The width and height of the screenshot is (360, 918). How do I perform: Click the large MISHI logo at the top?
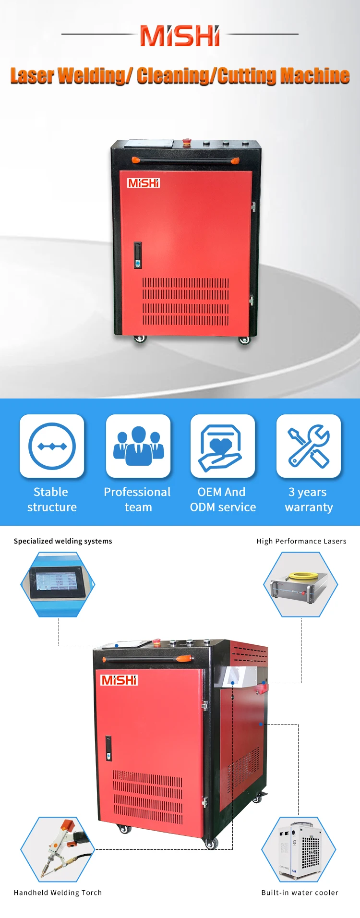(x=180, y=36)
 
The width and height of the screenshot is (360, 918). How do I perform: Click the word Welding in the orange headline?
(x=94, y=76)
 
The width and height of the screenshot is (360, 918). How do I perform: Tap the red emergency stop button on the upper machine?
(x=186, y=142)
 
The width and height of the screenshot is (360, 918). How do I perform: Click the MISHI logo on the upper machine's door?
(x=143, y=183)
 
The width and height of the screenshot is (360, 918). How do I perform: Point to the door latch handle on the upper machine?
(x=138, y=254)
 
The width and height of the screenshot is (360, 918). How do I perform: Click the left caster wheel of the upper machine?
(x=140, y=338)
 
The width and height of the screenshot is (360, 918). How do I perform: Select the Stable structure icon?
(x=52, y=446)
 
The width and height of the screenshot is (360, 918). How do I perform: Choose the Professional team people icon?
(x=138, y=446)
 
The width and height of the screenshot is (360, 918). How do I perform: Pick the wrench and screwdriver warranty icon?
(x=309, y=446)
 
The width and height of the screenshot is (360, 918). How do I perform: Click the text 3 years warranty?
(x=308, y=499)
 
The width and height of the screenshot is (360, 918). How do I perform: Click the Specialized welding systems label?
(x=63, y=541)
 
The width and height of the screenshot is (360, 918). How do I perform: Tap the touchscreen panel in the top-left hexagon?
(x=54, y=582)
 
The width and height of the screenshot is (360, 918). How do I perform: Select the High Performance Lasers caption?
(x=301, y=541)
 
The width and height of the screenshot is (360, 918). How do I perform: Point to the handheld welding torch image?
(x=60, y=849)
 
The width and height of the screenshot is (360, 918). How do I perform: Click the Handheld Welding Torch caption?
(x=58, y=893)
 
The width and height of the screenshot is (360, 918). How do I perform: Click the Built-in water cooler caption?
(x=300, y=893)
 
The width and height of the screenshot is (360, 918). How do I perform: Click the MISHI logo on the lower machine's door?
(x=119, y=680)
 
